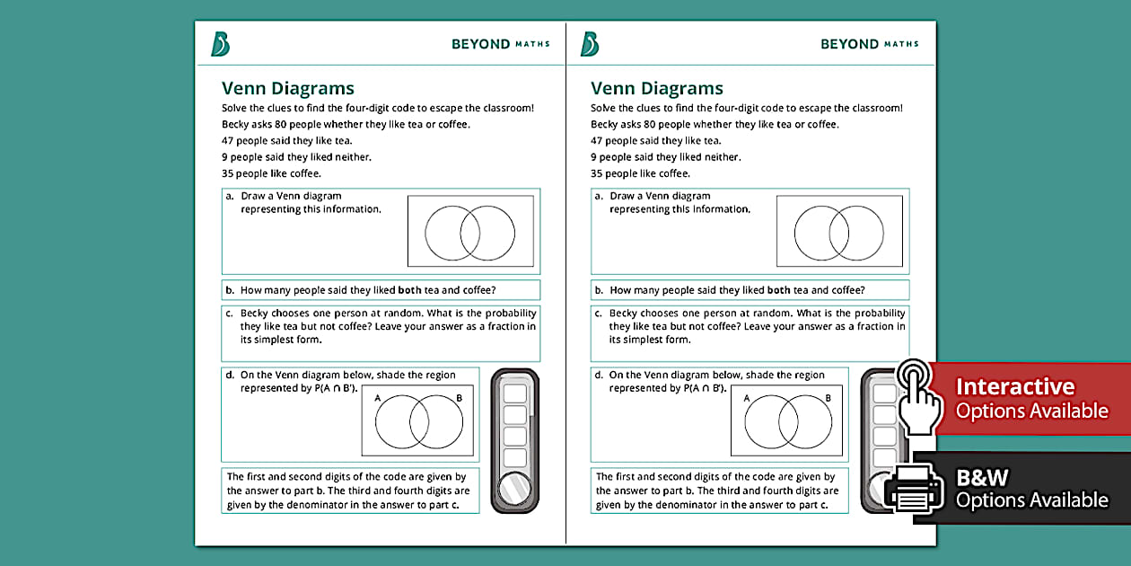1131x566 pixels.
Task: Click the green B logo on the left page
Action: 220,43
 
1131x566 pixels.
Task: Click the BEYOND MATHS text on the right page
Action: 869,43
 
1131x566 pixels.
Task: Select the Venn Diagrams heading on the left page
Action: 288,88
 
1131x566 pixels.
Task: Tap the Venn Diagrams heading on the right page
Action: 657,88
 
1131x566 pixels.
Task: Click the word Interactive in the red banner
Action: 1014,386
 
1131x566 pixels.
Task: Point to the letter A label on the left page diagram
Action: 377,398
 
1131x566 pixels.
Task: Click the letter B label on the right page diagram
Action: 828,398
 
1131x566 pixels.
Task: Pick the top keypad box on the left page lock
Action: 515,394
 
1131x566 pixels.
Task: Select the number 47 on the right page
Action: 597,140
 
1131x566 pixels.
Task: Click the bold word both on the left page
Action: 410,290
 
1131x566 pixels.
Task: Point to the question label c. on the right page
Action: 598,314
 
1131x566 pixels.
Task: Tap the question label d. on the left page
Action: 230,375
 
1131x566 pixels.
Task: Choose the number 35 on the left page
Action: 228,173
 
